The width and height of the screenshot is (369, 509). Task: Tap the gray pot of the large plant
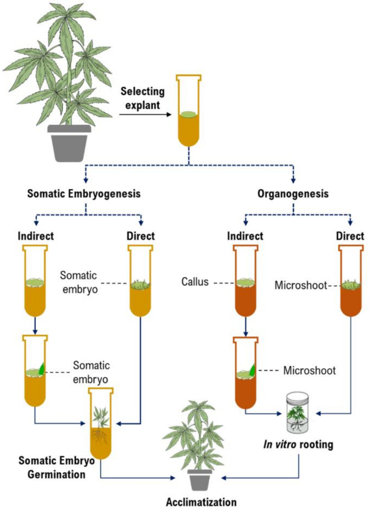tap(70, 143)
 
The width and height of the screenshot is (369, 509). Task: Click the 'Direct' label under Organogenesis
tap(351, 236)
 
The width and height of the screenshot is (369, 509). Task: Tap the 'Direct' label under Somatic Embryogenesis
tap(141, 236)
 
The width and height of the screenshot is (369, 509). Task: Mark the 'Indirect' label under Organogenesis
tap(245, 236)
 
